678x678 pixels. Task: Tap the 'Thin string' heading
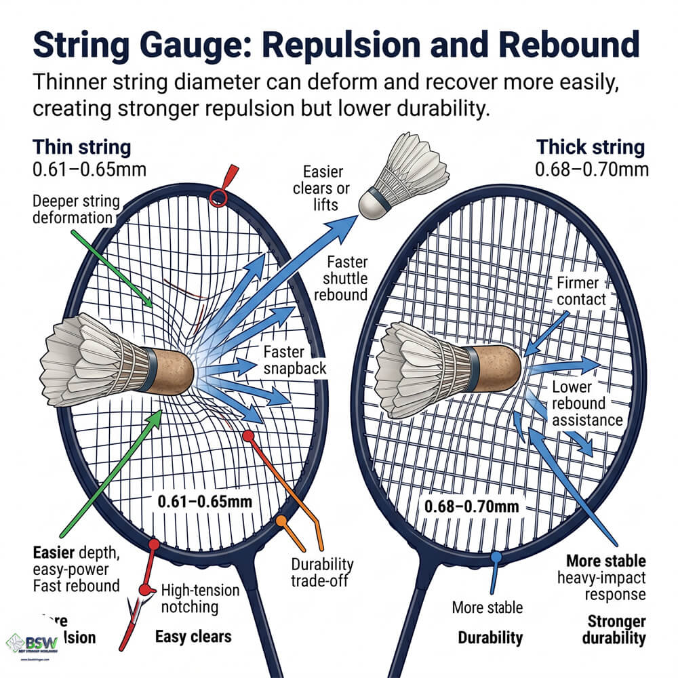(82, 147)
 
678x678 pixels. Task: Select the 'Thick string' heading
(591, 147)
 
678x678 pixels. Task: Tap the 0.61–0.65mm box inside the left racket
(205, 502)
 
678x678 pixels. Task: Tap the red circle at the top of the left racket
(218, 198)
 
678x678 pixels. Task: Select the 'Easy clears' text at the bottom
(193, 637)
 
